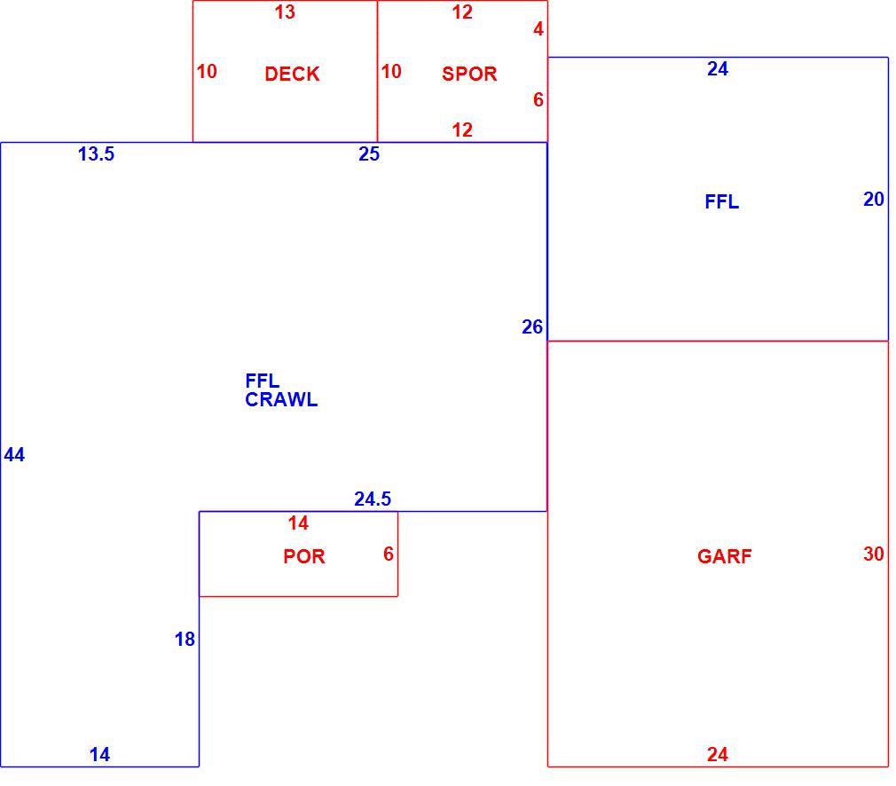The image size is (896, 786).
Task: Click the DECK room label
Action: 292,74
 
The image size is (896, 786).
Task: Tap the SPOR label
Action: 469,74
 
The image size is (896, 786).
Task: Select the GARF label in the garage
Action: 725,556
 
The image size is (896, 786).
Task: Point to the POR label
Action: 304,556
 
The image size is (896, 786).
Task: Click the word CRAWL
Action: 281,399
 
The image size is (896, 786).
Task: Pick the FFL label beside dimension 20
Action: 722,201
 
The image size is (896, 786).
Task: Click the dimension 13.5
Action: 96,153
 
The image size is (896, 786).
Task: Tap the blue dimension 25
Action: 369,153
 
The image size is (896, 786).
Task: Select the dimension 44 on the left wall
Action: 14,454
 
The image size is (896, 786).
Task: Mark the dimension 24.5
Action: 373,499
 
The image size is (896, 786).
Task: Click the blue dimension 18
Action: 185,639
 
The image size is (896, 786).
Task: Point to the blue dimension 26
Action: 532,327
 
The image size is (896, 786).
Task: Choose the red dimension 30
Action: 874,554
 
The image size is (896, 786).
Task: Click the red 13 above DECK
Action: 285,12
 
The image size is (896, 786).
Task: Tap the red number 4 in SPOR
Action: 538,29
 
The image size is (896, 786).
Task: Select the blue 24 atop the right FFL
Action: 718,69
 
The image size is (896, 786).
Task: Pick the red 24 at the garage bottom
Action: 718,755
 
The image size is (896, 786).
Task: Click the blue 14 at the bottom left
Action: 99,755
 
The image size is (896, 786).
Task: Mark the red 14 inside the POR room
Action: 298,523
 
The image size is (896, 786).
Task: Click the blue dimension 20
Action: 874,200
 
